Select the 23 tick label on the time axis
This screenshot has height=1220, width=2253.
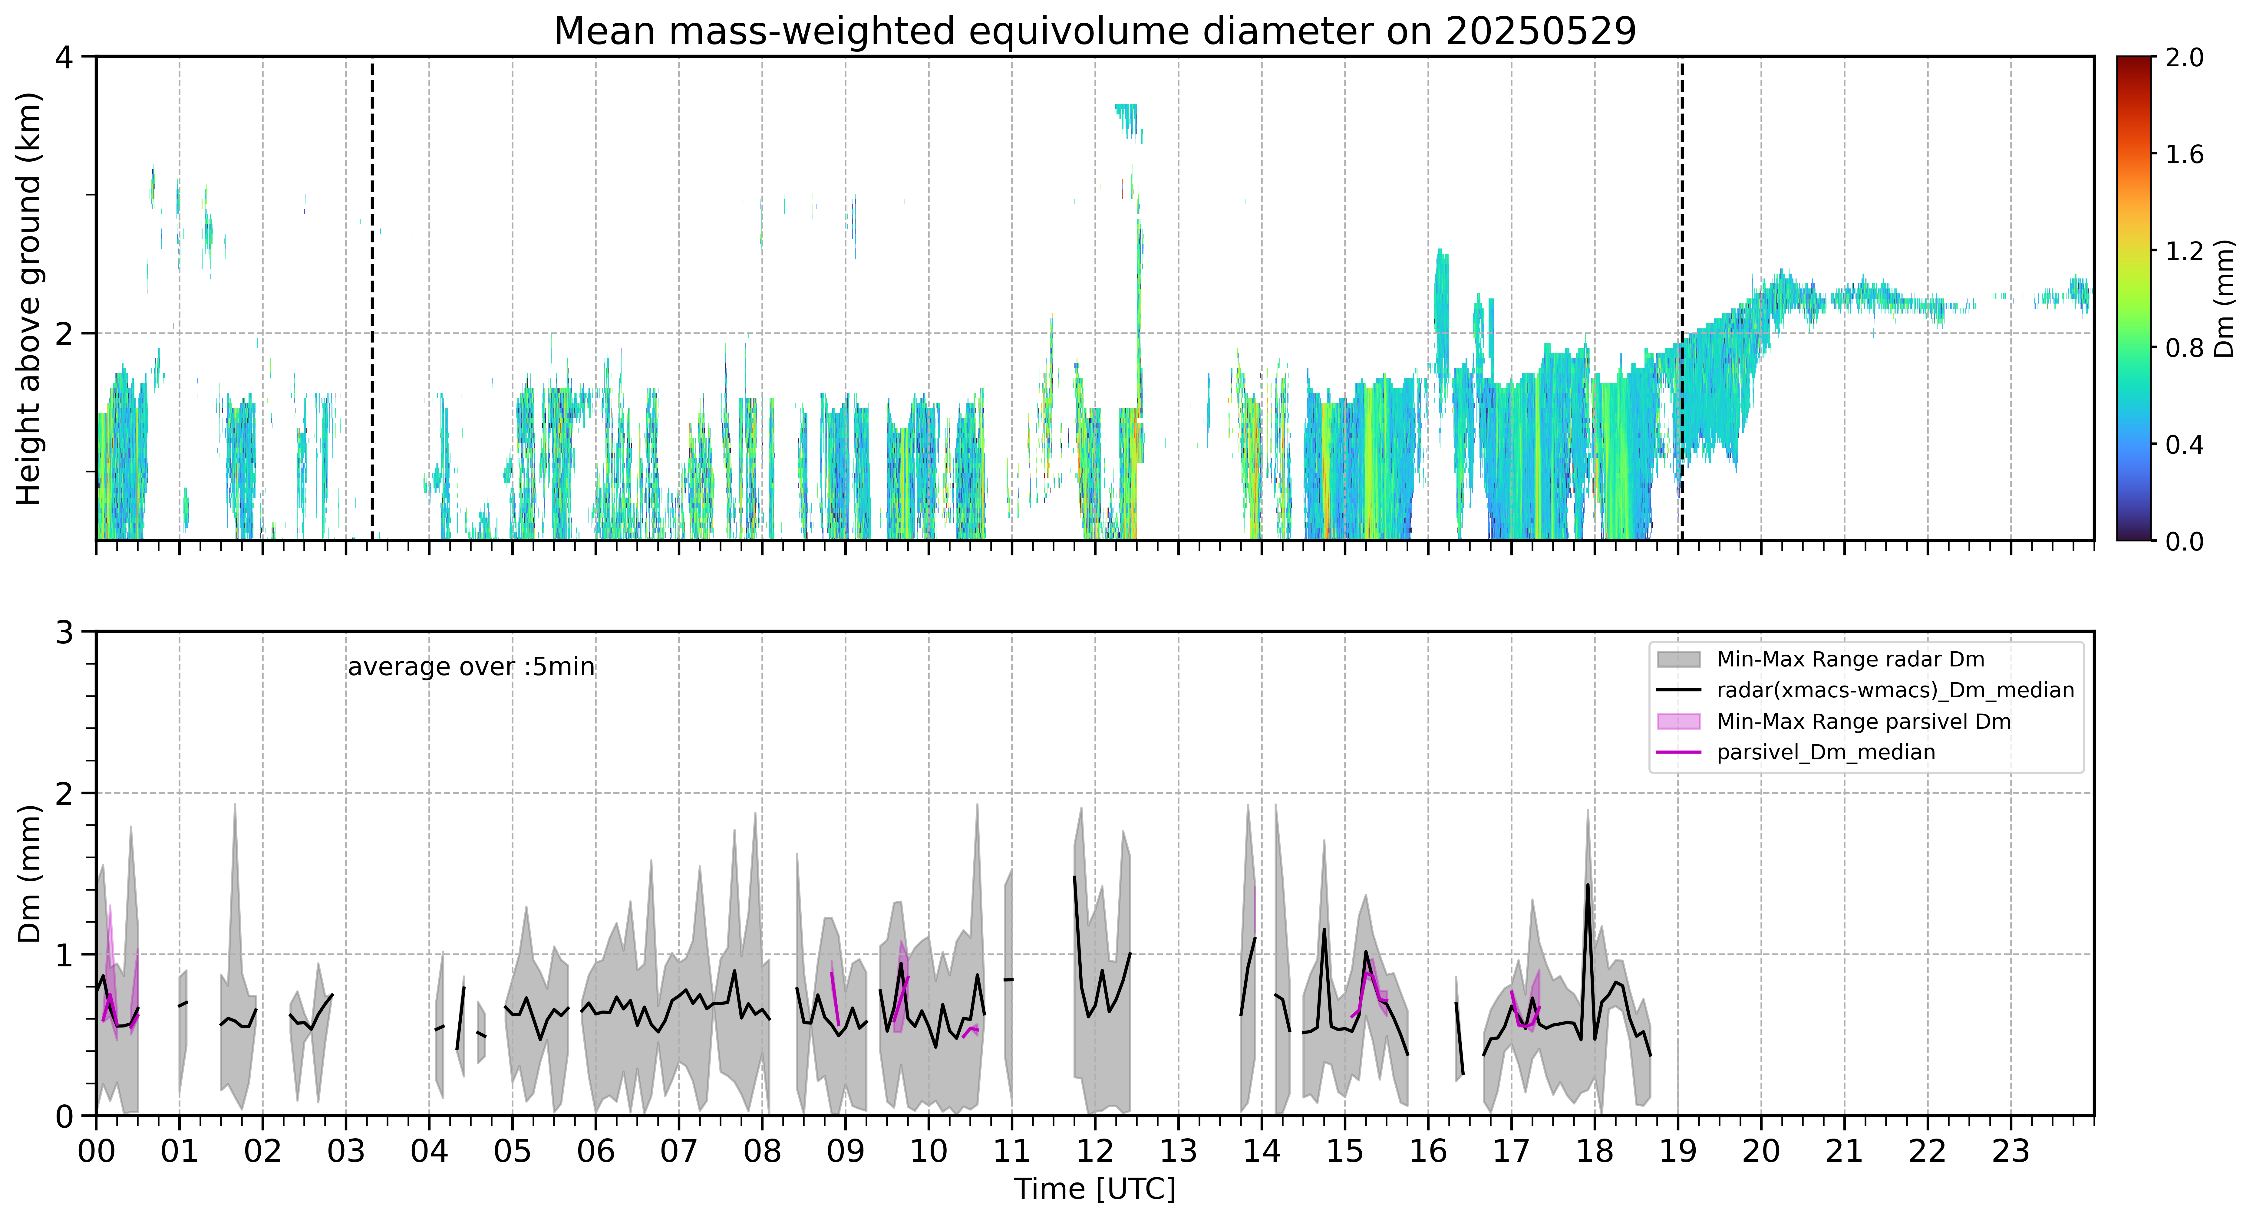(2011, 1151)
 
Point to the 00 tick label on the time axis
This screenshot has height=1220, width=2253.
(96, 1151)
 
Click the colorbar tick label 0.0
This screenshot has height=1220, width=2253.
(2184, 541)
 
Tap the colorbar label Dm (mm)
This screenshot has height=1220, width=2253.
(2224, 299)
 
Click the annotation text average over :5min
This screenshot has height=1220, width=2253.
(470, 667)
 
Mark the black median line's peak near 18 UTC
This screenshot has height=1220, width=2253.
(1587, 885)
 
